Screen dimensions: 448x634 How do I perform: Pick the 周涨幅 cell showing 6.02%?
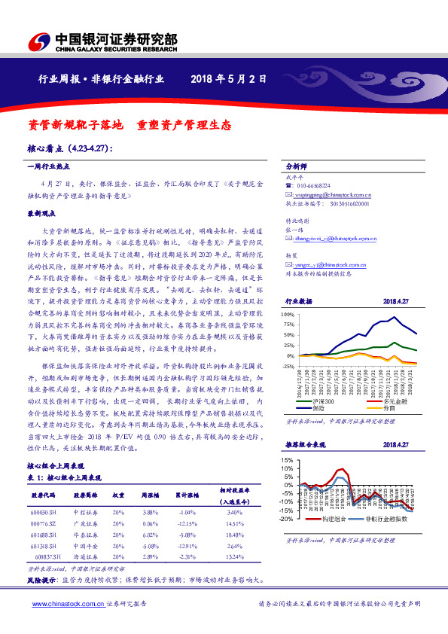point(151,535)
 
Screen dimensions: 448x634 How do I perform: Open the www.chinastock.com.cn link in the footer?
point(56,604)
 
